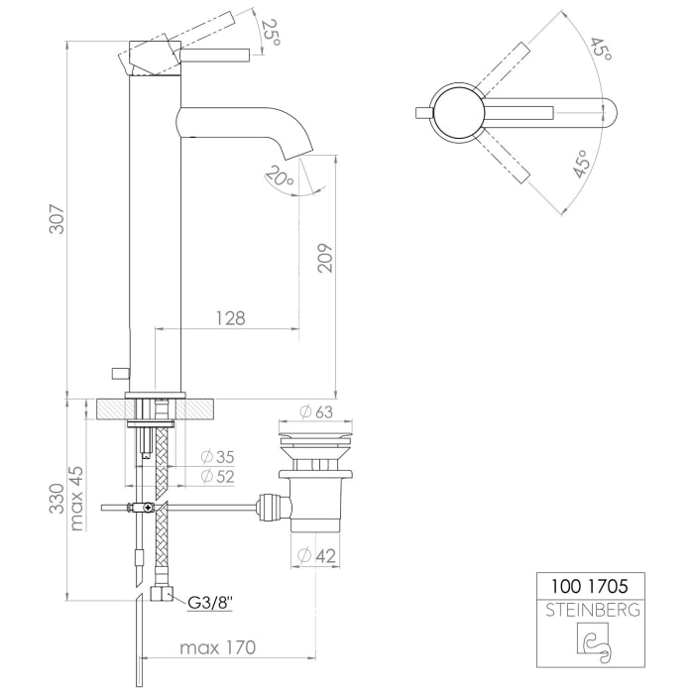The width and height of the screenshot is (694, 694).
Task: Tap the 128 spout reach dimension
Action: (229, 318)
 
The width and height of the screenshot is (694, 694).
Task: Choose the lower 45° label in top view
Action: (582, 165)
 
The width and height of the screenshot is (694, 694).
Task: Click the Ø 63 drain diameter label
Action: (315, 412)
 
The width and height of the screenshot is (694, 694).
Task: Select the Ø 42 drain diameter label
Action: (315, 555)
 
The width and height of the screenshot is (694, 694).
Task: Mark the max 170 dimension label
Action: (217, 648)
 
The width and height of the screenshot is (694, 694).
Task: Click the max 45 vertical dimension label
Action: (77, 498)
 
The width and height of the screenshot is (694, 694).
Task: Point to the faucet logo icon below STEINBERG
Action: (591, 642)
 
